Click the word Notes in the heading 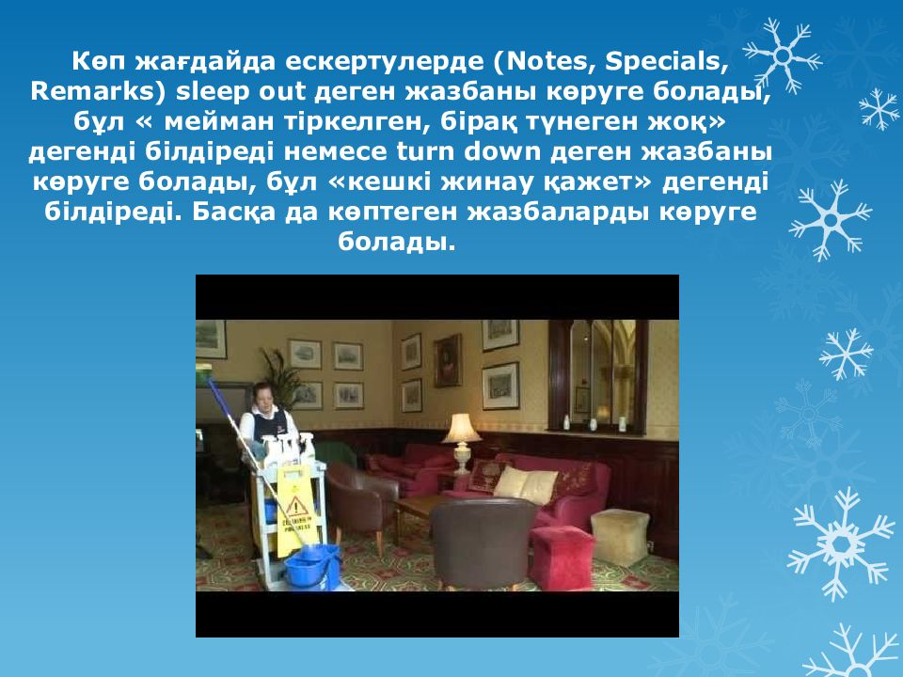(546, 62)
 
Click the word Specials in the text (666, 62)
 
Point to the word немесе (335, 152)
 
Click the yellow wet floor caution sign (297, 510)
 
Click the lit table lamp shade (461, 429)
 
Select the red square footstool (561, 558)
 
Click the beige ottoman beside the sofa (620, 537)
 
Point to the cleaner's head (263, 396)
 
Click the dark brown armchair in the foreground (483, 544)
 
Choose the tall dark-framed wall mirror (598, 376)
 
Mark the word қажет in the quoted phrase (597, 182)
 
